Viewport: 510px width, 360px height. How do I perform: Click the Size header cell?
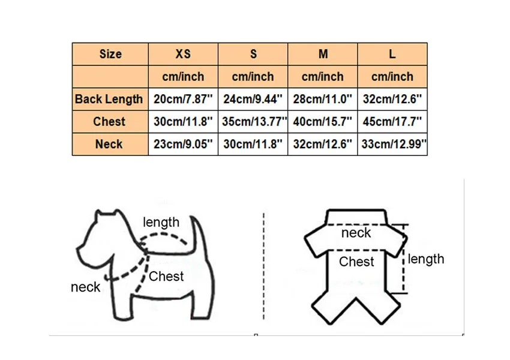[x=110, y=54]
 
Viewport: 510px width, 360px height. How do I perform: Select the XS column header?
[x=183, y=54]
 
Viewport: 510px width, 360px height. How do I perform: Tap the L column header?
[x=392, y=54]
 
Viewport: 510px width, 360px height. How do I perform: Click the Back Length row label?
[x=109, y=99]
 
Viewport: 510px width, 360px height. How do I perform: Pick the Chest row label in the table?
[x=109, y=122]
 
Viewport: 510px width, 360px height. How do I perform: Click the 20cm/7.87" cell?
[x=183, y=99]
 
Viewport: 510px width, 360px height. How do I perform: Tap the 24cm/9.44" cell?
[x=253, y=99]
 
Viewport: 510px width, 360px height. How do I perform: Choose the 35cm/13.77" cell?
[x=253, y=122]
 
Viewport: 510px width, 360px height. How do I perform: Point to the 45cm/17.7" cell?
[x=392, y=122]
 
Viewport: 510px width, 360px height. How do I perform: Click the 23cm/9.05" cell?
[x=183, y=144]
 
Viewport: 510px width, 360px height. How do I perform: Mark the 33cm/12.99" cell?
[x=392, y=144]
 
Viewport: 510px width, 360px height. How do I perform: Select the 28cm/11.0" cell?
[x=322, y=99]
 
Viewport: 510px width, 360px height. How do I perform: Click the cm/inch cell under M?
[x=322, y=77]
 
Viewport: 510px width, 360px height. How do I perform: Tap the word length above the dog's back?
[x=161, y=222]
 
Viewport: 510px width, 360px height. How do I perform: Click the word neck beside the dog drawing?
[x=86, y=287]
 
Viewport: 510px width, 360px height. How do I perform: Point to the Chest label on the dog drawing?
[x=166, y=276]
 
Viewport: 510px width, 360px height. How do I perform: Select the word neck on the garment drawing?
[x=356, y=233]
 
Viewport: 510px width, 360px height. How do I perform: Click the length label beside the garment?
[x=426, y=259]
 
